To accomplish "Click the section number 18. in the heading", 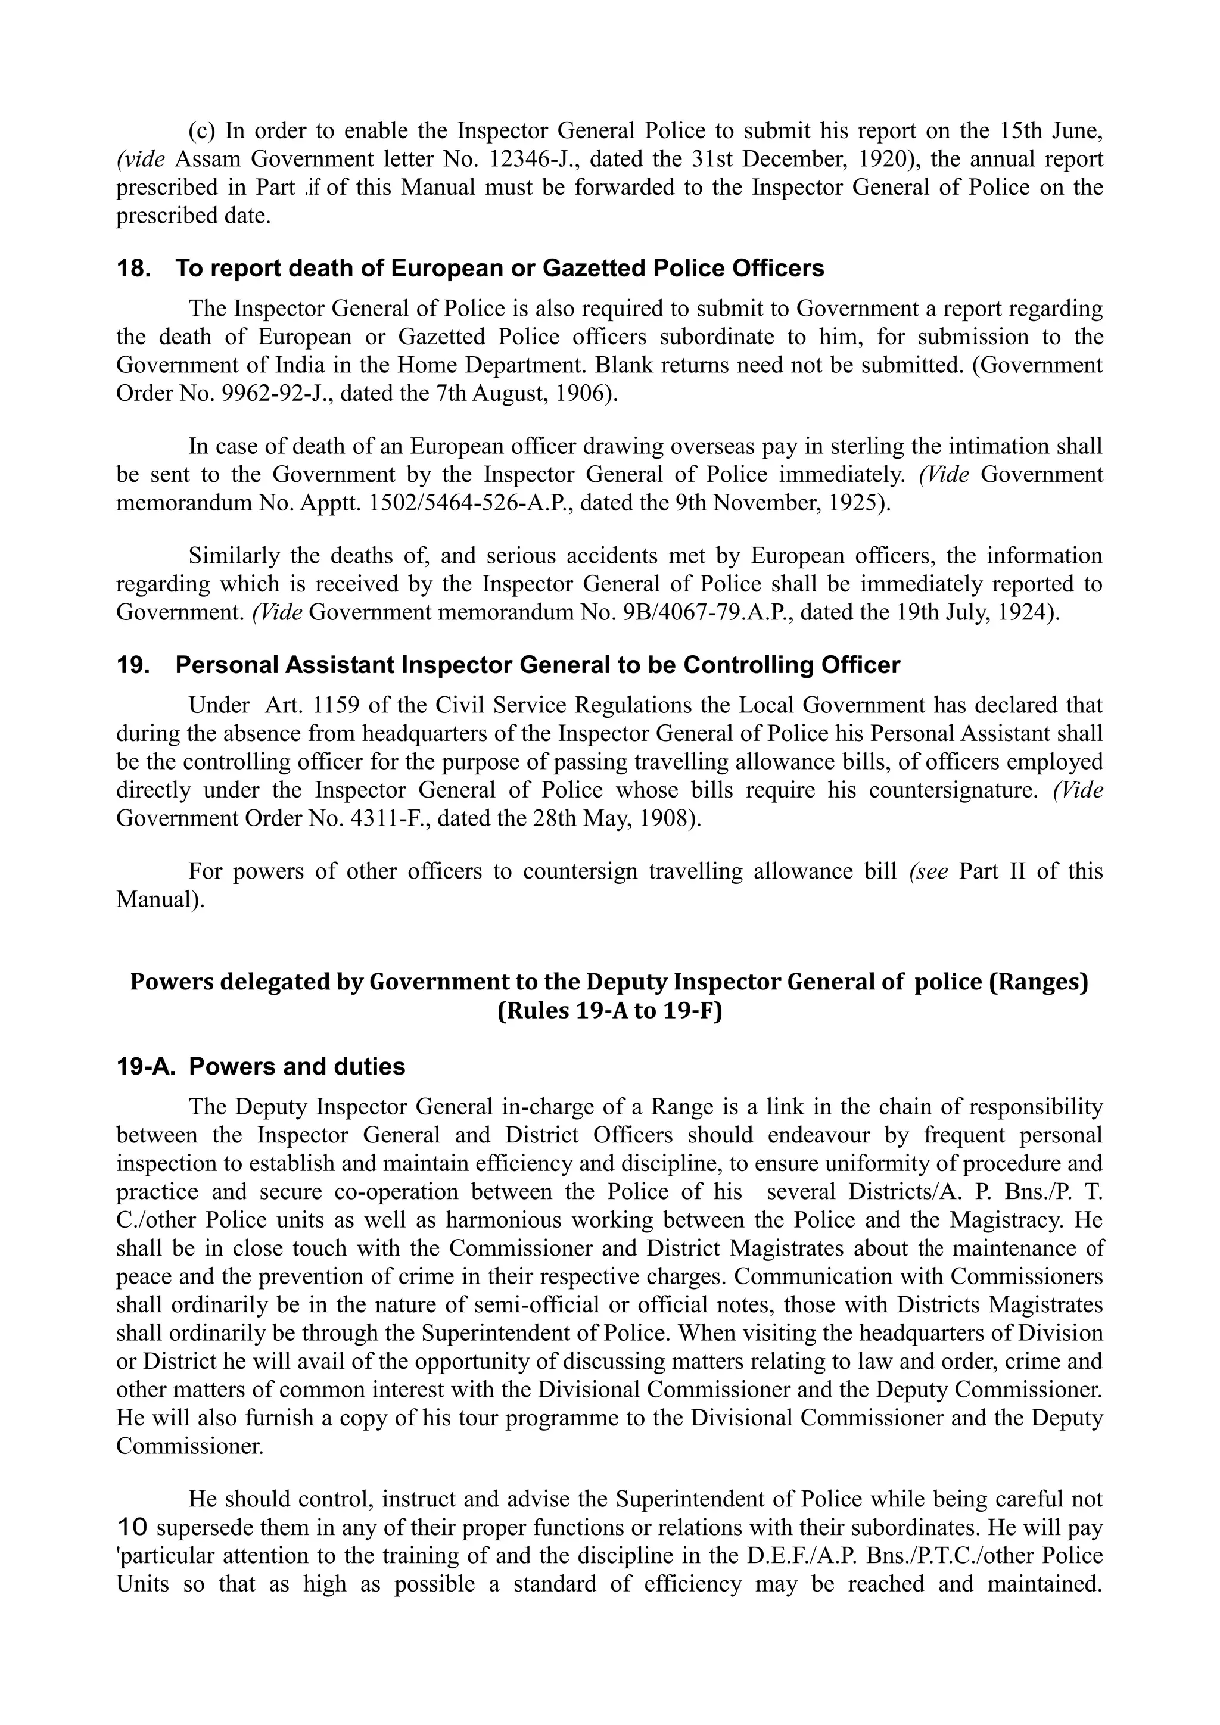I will click(135, 269).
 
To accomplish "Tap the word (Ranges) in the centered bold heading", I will click(1038, 983).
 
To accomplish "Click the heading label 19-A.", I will click(145, 1067).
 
